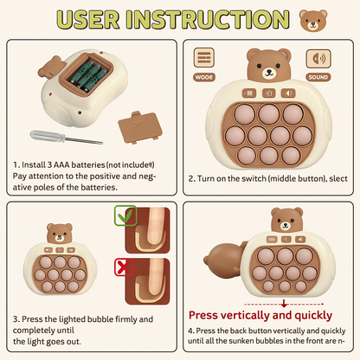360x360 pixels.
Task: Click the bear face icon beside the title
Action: click(313, 20)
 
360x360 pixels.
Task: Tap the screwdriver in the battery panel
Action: click(66, 138)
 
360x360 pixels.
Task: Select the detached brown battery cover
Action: click(140, 127)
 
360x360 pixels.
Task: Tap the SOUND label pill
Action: click(318, 77)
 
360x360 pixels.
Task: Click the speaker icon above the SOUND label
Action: click(318, 59)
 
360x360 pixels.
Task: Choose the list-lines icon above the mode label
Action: click(204, 58)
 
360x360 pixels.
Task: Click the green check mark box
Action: click(125, 215)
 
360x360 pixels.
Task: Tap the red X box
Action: click(124, 267)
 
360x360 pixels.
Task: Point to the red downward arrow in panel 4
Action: click(284, 304)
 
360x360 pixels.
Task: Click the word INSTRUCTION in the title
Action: click(208, 20)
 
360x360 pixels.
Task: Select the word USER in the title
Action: click(88, 20)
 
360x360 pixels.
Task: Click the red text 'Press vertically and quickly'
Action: click(260, 315)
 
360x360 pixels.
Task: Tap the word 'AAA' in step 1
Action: click(61, 164)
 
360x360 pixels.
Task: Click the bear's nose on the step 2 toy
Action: click(269, 71)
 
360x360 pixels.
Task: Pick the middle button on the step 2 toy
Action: click(268, 93)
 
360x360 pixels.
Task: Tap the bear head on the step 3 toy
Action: click(60, 234)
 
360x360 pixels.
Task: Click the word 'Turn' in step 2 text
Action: click(206, 178)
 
